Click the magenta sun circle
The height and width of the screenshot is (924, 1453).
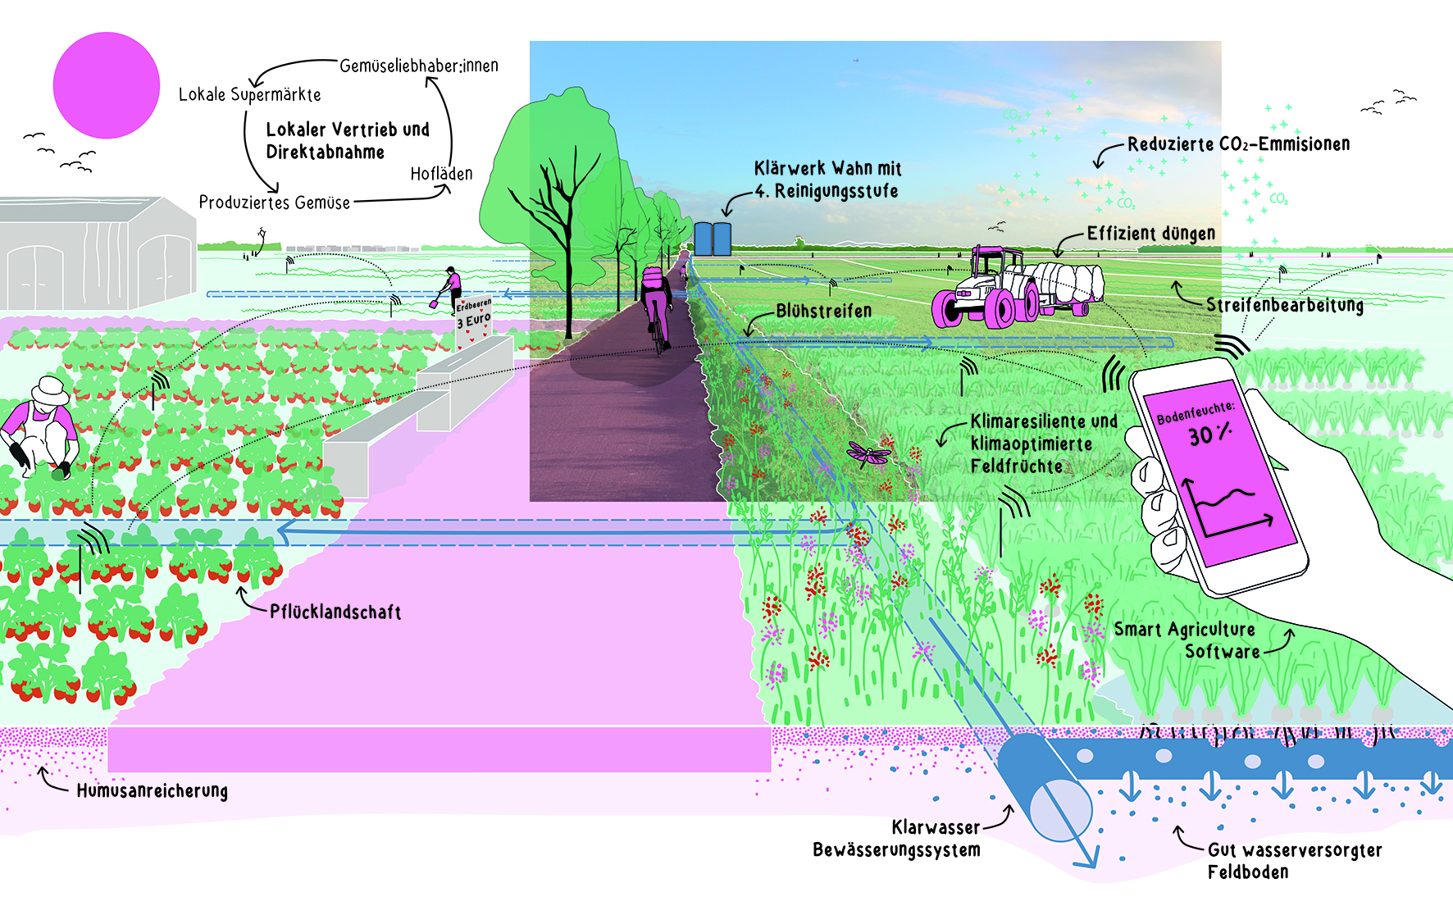pos(106,85)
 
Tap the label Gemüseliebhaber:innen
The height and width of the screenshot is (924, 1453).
pos(418,66)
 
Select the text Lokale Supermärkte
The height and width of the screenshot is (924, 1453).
pos(249,95)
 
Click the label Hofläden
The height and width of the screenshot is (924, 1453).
pos(441,174)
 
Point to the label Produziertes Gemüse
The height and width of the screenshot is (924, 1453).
pos(274,203)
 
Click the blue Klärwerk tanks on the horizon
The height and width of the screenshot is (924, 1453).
pos(712,238)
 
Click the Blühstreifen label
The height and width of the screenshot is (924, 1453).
pos(823,312)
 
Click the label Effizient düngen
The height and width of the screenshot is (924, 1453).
pos(1150,234)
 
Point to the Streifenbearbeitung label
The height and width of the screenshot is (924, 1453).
pos(1284,305)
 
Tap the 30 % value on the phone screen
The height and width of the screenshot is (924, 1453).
pos(1209,435)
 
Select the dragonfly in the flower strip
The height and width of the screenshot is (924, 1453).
pos(868,453)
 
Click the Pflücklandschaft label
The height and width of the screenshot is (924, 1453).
pos(335,612)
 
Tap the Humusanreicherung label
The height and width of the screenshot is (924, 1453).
pos(152,791)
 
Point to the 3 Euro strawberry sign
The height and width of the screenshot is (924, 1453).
pos(474,316)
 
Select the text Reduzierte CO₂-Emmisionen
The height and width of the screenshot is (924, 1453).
pos(1238,144)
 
